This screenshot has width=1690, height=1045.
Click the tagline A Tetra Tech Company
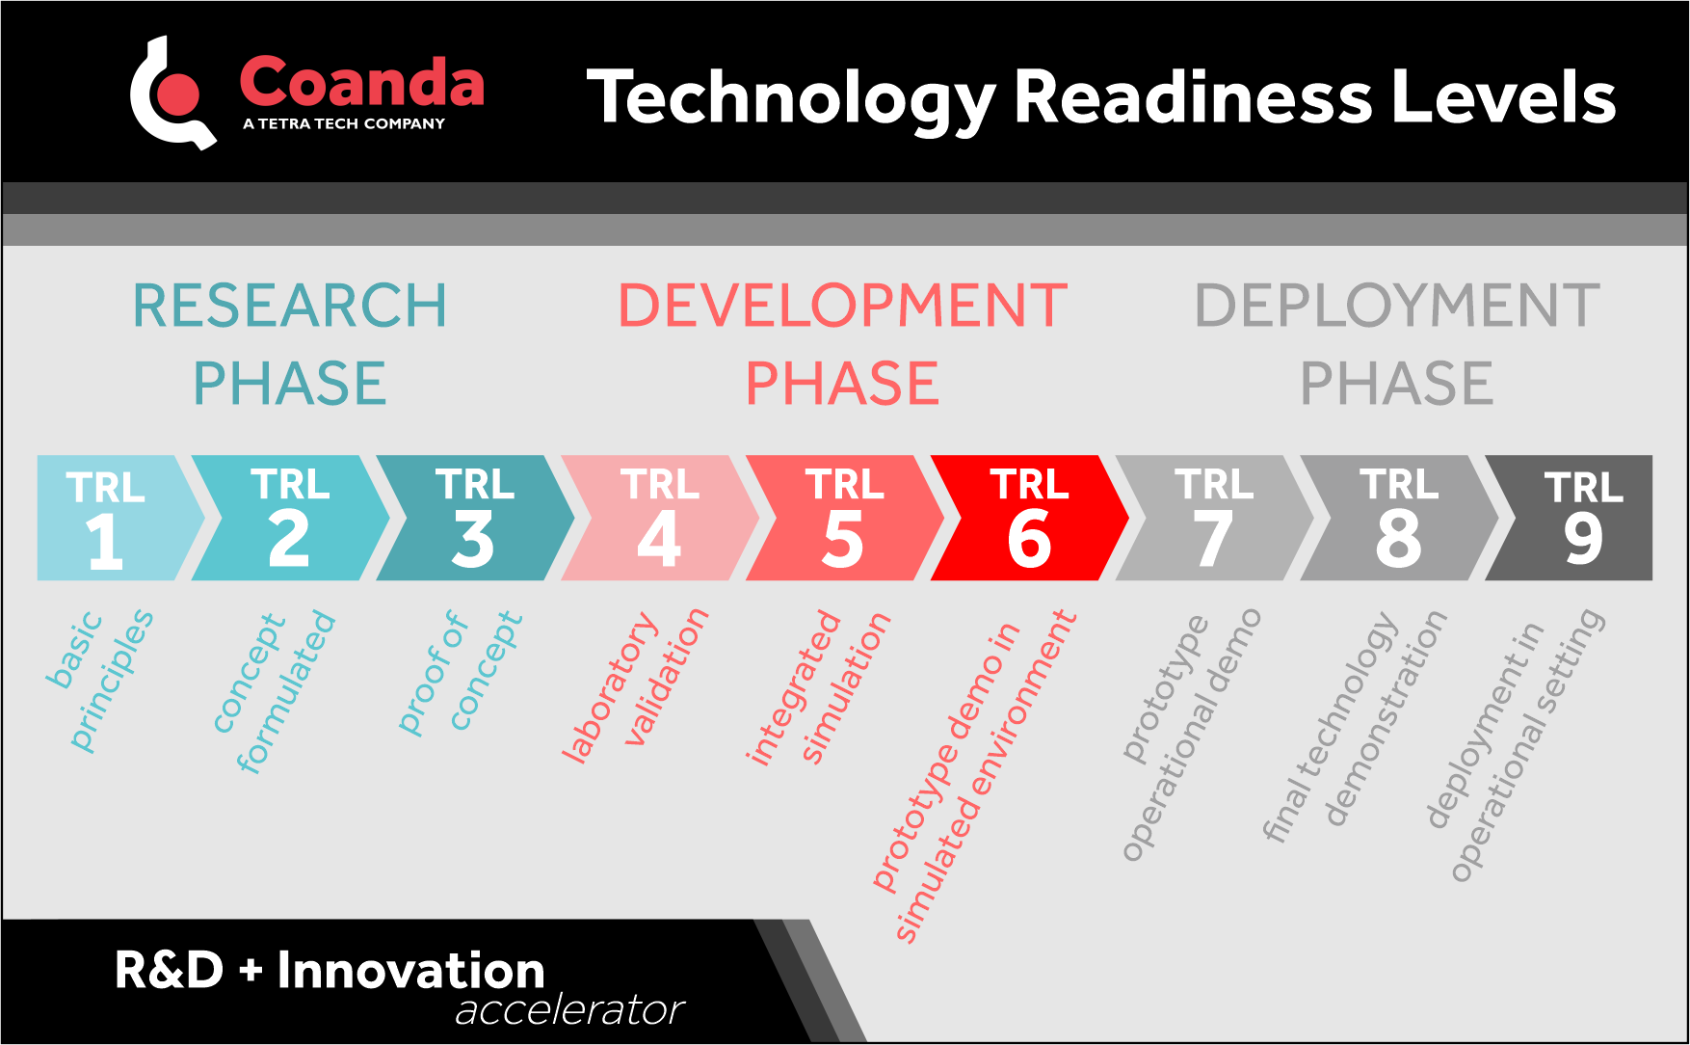(344, 123)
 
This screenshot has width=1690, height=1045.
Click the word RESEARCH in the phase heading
(289, 306)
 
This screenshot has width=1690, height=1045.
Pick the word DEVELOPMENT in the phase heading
(842, 306)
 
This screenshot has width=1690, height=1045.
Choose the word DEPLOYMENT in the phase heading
(1396, 306)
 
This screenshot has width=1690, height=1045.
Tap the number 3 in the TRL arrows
(473, 541)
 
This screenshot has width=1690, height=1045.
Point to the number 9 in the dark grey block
(1582, 540)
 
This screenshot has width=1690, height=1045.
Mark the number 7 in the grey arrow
(1213, 541)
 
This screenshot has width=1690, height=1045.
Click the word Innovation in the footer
(410, 970)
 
